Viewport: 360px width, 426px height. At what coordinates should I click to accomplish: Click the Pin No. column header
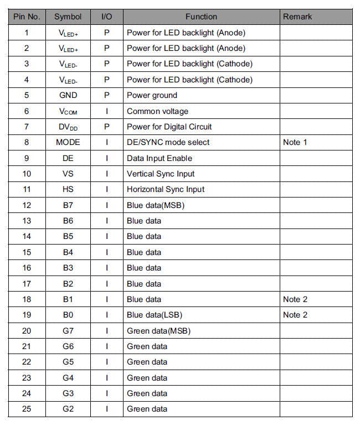tap(27, 17)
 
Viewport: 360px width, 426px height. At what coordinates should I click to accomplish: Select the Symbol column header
tap(68, 17)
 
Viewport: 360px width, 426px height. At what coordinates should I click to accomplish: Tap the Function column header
tap(201, 17)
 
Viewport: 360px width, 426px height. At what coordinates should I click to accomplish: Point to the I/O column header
tap(107, 17)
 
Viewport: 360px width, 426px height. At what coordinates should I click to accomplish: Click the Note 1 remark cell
tap(295, 142)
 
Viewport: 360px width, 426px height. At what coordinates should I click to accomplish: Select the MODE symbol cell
tap(68, 142)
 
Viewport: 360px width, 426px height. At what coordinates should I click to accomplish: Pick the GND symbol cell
tap(68, 95)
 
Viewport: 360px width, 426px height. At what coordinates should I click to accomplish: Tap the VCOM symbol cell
tap(68, 111)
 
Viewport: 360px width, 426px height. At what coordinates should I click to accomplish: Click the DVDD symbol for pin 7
tap(68, 127)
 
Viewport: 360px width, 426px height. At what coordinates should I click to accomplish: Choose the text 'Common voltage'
tap(157, 111)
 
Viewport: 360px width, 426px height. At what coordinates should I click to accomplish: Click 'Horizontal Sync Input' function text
tap(166, 189)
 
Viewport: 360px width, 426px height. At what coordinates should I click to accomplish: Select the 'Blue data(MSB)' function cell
tap(155, 205)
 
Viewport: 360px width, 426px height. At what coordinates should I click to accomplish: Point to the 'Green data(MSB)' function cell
tap(158, 331)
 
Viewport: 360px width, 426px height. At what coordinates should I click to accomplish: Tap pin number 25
tap(27, 409)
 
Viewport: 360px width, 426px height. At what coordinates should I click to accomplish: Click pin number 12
tap(27, 205)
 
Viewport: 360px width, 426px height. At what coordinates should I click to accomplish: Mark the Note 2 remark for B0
tap(295, 315)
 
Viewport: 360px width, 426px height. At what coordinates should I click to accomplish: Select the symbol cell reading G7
tap(68, 331)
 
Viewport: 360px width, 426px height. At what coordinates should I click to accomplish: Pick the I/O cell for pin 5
tap(107, 95)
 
